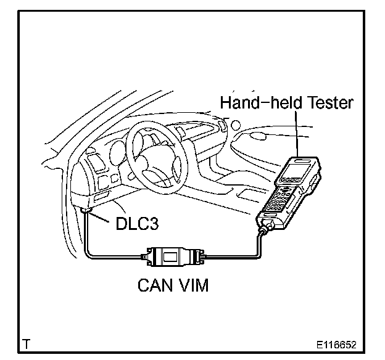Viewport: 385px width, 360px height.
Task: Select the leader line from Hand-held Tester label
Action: pyautogui.click(x=298, y=133)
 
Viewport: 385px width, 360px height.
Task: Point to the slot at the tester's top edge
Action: pyautogui.click(x=302, y=162)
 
